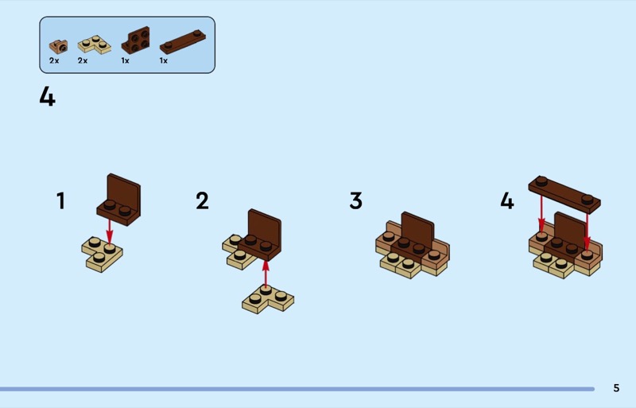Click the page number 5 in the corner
pos(616,388)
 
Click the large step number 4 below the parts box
pos(47,97)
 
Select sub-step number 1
pos(61,201)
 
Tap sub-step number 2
pos(202,201)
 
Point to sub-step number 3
pos(355,201)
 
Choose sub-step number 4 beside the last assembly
pos(507,201)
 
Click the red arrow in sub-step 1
pos(109,231)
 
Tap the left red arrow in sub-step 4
pos(541,216)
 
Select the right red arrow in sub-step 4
pos(587,231)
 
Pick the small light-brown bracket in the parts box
pos(58,46)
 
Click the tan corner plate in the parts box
pos(94,45)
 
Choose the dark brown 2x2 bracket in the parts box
pos(136,41)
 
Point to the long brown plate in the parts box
pos(183,41)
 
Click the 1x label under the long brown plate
pos(164,60)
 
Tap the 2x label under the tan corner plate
pos(83,60)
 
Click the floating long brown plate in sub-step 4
pos(564,194)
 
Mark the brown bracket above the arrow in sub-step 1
pos(118,200)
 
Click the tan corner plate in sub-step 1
pos(102,255)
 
